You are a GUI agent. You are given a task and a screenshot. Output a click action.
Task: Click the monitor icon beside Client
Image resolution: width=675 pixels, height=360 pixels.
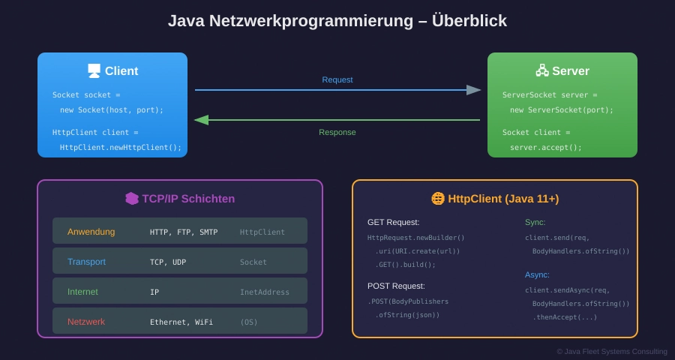point(94,70)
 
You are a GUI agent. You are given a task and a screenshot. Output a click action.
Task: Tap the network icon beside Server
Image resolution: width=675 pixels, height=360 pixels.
point(541,70)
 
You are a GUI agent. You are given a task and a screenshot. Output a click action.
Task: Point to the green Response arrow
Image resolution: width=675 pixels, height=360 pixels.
point(337,120)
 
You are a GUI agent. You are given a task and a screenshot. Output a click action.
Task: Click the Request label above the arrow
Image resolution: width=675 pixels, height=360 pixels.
point(337,79)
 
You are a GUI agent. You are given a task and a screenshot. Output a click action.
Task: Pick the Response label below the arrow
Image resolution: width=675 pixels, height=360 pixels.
point(337,132)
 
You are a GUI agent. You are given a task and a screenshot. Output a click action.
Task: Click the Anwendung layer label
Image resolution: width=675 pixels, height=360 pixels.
point(91,232)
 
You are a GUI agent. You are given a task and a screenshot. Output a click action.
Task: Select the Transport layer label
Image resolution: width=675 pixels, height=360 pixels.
point(86,262)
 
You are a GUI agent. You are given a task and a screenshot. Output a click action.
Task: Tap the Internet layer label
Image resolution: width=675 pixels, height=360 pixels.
point(82,292)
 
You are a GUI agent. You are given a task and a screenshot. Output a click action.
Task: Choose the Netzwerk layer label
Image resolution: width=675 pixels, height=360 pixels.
point(86,322)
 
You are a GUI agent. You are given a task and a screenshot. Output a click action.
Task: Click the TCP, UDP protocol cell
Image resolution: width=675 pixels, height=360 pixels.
point(168,262)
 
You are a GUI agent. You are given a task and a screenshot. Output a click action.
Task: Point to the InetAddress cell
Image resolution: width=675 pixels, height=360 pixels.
point(264,292)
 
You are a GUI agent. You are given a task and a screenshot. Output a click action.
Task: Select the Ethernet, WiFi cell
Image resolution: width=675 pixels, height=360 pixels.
point(181,322)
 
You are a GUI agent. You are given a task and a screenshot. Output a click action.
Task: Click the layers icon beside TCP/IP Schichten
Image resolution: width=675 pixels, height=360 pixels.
point(132,199)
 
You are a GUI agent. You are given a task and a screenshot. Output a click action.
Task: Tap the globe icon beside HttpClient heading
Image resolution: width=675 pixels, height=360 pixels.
point(438,199)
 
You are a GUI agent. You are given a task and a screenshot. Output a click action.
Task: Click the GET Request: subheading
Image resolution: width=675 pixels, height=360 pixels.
point(394,222)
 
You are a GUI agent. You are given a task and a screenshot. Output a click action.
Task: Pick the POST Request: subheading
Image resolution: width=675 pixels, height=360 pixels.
point(396,286)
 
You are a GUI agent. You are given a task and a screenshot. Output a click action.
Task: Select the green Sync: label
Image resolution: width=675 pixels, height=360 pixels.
point(535,222)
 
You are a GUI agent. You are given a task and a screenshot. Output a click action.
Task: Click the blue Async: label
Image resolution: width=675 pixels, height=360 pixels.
point(537,274)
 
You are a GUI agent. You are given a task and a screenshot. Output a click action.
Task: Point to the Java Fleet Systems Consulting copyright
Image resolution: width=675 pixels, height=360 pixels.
point(611,351)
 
